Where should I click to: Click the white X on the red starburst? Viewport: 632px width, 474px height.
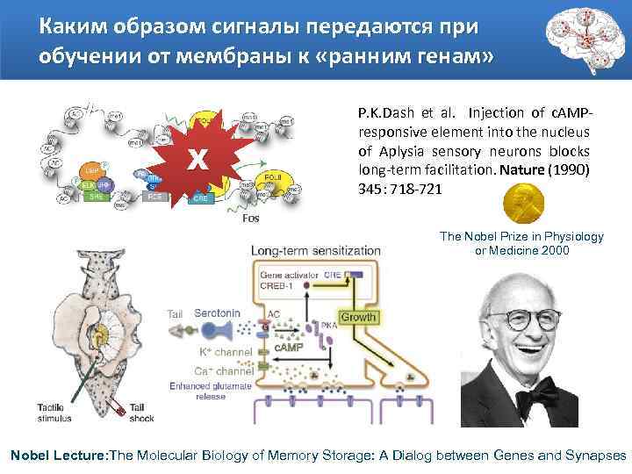point(200,160)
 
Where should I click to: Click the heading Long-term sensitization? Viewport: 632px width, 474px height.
point(316,251)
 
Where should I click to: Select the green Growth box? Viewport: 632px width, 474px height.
point(357,317)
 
